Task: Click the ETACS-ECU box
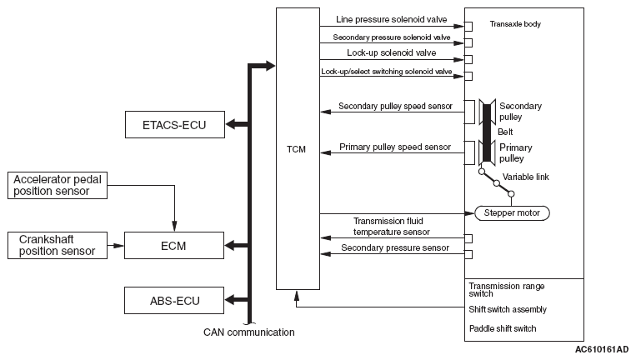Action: [x=175, y=124]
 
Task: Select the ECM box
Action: [x=174, y=245]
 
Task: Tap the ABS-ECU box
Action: [x=174, y=300]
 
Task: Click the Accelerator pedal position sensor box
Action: [x=58, y=185]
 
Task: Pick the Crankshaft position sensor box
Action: [x=58, y=245]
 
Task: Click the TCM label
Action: [x=296, y=150]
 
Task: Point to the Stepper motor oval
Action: [x=512, y=212]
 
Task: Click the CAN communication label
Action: [x=249, y=332]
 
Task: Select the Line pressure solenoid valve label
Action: [x=392, y=19]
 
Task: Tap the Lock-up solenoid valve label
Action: [x=392, y=52]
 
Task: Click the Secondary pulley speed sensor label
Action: [x=395, y=106]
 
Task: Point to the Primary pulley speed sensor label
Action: [x=395, y=147]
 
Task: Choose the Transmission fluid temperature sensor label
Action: [x=392, y=226]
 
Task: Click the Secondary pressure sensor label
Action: [x=395, y=247]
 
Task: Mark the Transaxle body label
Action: [x=515, y=24]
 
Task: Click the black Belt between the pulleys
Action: [x=487, y=132]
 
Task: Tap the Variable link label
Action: [x=526, y=177]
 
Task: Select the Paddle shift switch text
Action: [x=503, y=328]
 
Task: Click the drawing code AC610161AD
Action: [x=602, y=349]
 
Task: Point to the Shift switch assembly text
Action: [x=508, y=309]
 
